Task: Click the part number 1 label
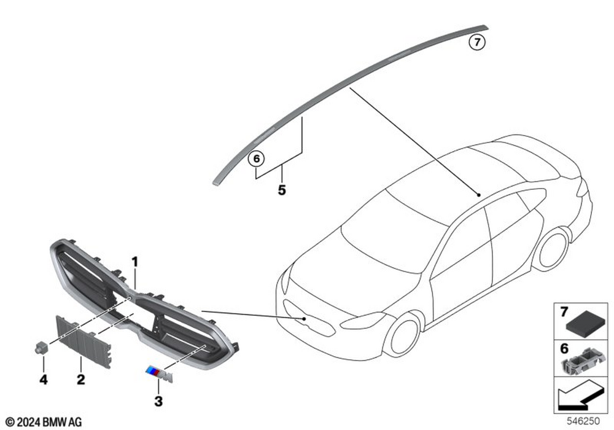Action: coord(135,262)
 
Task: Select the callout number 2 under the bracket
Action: coord(80,379)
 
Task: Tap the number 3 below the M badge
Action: coord(158,401)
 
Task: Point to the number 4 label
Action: coord(44,379)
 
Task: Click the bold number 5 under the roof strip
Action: coord(282,190)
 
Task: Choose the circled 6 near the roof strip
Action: coord(257,159)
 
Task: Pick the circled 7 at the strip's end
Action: coord(477,42)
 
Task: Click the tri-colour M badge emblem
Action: coord(159,374)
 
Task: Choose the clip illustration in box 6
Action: coord(582,361)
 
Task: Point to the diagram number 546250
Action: coord(583,421)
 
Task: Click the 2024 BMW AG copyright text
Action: coord(44,422)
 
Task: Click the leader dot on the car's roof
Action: coord(478,195)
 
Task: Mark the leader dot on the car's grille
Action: coord(304,319)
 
